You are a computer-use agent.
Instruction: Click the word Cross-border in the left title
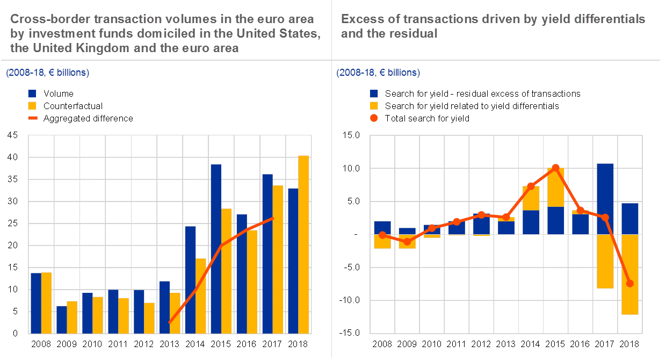click(x=42, y=19)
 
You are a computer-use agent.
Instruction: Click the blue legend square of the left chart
click(x=32, y=93)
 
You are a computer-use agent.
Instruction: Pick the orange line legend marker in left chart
click(x=32, y=117)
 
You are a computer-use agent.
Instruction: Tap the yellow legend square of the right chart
click(x=374, y=105)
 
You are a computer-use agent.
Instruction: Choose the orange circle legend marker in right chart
click(x=374, y=118)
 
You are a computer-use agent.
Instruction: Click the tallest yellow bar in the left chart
click(x=303, y=244)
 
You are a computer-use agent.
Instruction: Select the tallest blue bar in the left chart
click(x=216, y=249)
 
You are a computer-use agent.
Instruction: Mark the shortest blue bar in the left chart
click(x=62, y=320)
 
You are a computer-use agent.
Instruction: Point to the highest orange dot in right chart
click(x=556, y=168)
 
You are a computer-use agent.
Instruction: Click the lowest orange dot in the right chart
click(x=630, y=284)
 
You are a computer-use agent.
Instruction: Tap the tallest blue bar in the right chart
click(x=605, y=199)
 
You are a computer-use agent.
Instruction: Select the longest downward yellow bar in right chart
click(x=630, y=274)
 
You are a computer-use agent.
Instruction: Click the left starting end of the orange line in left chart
click(x=170, y=322)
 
